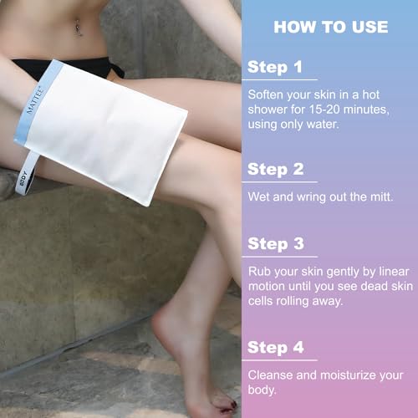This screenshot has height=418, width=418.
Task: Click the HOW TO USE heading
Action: [x=331, y=27]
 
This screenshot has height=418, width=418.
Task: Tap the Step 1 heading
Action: [x=275, y=67]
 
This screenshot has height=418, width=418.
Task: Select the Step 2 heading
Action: [x=276, y=170]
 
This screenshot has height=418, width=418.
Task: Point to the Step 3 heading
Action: [x=276, y=244]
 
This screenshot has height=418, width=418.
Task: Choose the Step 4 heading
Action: [x=276, y=348]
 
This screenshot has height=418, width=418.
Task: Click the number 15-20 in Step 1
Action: [x=324, y=110]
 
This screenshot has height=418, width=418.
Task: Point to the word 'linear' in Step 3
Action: [x=394, y=272]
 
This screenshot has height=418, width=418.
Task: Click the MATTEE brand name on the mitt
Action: [x=35, y=100]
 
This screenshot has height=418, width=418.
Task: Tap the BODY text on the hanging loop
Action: [x=23, y=179]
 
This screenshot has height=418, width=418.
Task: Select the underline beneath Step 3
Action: [x=280, y=257]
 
